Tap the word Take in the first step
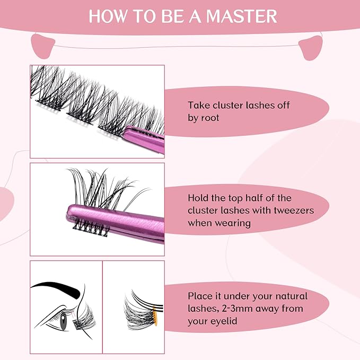[x=198, y=106]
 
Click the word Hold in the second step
[x=198, y=198]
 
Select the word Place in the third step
[x=201, y=296]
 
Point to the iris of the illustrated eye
[x=64, y=323]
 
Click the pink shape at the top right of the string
[x=312, y=48]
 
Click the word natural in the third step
[x=289, y=296]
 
